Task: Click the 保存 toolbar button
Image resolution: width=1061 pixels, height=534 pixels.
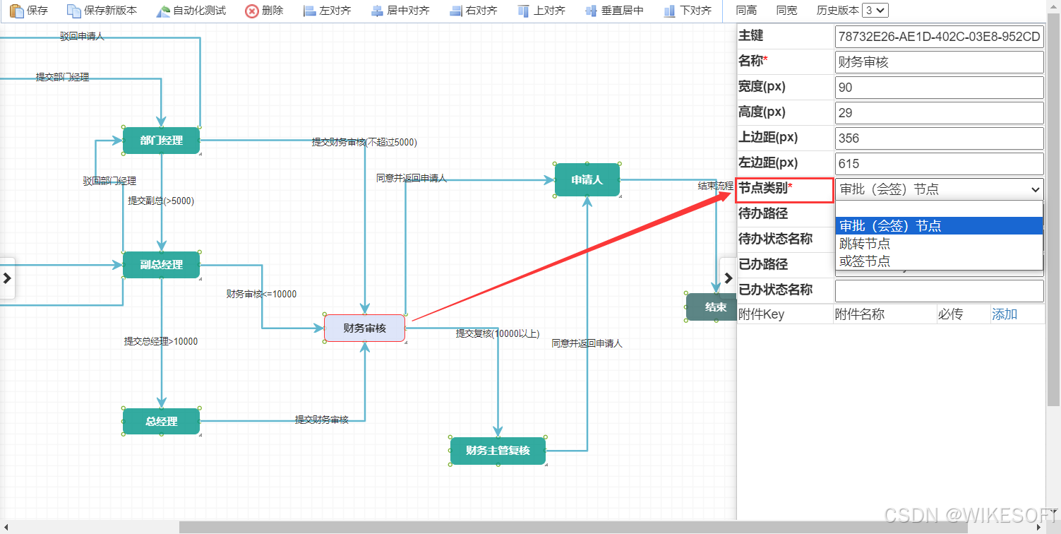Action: (x=29, y=11)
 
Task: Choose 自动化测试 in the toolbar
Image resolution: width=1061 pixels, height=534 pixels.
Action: (x=191, y=11)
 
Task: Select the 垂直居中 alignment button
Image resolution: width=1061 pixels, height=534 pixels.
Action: (x=614, y=11)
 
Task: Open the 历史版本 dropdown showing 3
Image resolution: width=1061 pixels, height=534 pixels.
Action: (x=875, y=11)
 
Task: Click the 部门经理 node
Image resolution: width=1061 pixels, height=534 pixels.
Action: (x=161, y=140)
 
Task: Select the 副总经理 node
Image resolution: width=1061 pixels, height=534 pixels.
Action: (x=161, y=265)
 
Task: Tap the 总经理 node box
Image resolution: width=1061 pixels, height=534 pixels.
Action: (x=161, y=422)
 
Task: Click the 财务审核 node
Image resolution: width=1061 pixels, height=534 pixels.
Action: (x=364, y=328)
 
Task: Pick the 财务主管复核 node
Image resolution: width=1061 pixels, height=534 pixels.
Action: (x=498, y=451)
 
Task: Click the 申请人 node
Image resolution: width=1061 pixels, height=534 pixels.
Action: (x=587, y=180)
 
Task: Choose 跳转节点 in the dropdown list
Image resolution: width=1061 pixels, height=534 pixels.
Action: (x=865, y=244)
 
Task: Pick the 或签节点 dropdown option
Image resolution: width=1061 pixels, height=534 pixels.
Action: (x=865, y=261)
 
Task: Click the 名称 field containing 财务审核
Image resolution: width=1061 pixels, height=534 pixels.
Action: (x=939, y=62)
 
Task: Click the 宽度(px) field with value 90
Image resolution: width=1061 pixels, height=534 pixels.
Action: (x=939, y=88)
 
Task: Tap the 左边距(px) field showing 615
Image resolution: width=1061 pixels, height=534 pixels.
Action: (x=939, y=164)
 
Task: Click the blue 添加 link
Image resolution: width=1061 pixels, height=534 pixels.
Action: (x=1005, y=314)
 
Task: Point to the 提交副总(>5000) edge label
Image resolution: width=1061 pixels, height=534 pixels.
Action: (x=161, y=201)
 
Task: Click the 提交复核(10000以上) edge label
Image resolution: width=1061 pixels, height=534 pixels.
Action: (x=498, y=333)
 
